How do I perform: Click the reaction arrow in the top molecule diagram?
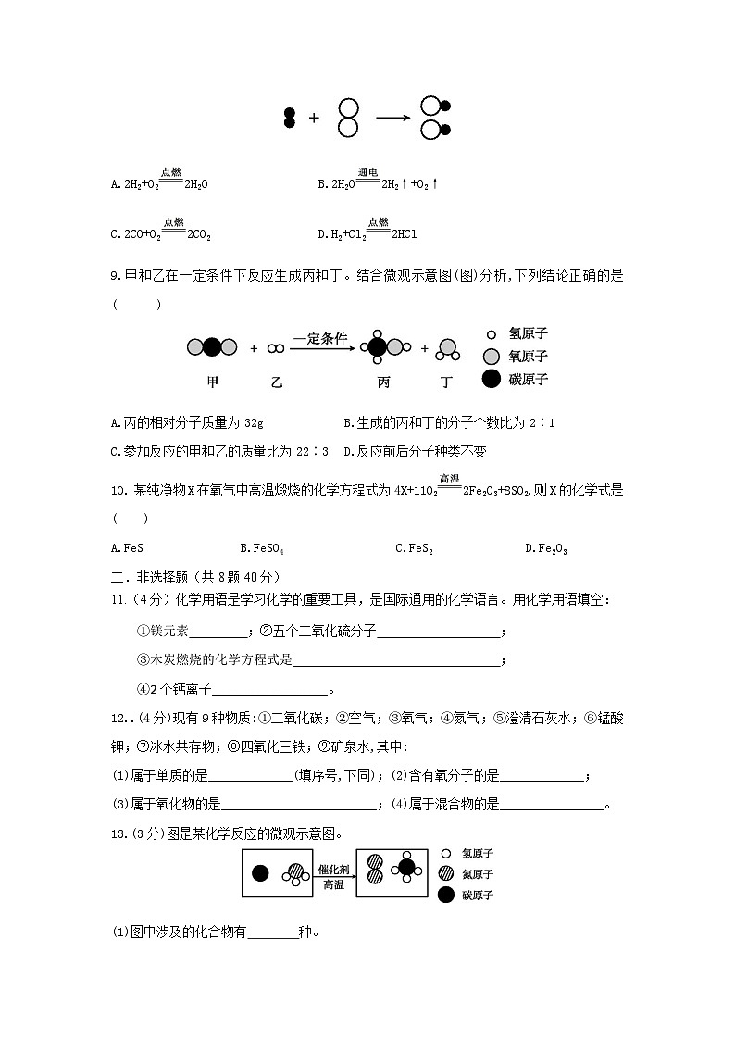[x=392, y=119]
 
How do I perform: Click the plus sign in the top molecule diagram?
[x=314, y=119]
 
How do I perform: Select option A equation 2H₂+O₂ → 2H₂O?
[x=159, y=183]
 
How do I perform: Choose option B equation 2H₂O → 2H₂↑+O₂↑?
[x=378, y=183]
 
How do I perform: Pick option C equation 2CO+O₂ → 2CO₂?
[x=161, y=234]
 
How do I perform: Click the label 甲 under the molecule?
[x=213, y=382]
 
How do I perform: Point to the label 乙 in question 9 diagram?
[x=275, y=382]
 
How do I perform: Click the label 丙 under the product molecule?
[x=384, y=382]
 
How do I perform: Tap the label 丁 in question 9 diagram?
[x=447, y=382]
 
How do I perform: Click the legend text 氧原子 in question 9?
[x=529, y=357]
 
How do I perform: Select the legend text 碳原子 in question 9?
[x=529, y=379]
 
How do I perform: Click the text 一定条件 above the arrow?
[x=319, y=339]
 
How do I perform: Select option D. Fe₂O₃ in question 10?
[x=545, y=548]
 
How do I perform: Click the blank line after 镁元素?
[x=218, y=633]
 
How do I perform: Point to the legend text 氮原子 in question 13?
[x=478, y=874]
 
